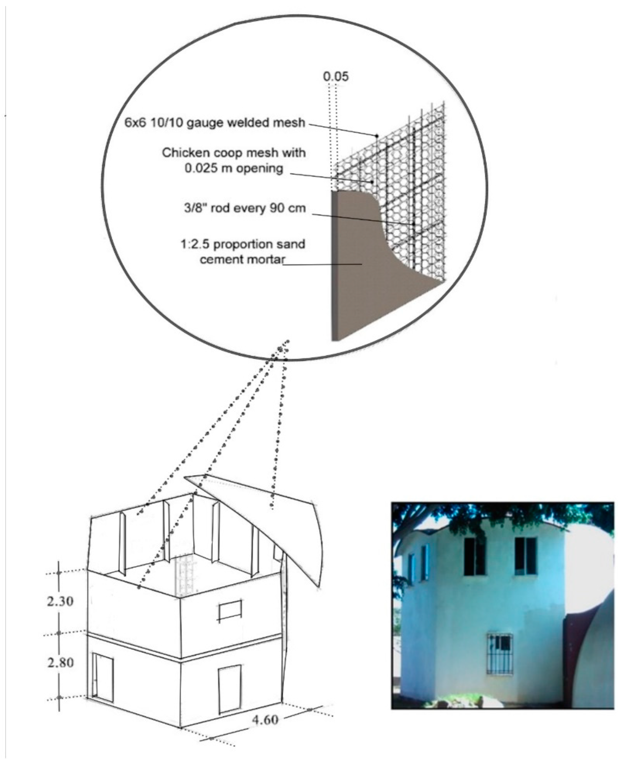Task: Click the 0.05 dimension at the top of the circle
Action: click(x=335, y=77)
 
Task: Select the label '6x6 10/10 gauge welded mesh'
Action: click(x=215, y=123)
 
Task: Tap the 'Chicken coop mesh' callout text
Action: click(x=234, y=161)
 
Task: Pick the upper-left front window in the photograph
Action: click(x=475, y=556)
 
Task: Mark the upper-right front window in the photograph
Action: click(x=525, y=556)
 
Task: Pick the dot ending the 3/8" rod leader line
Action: click(x=414, y=224)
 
